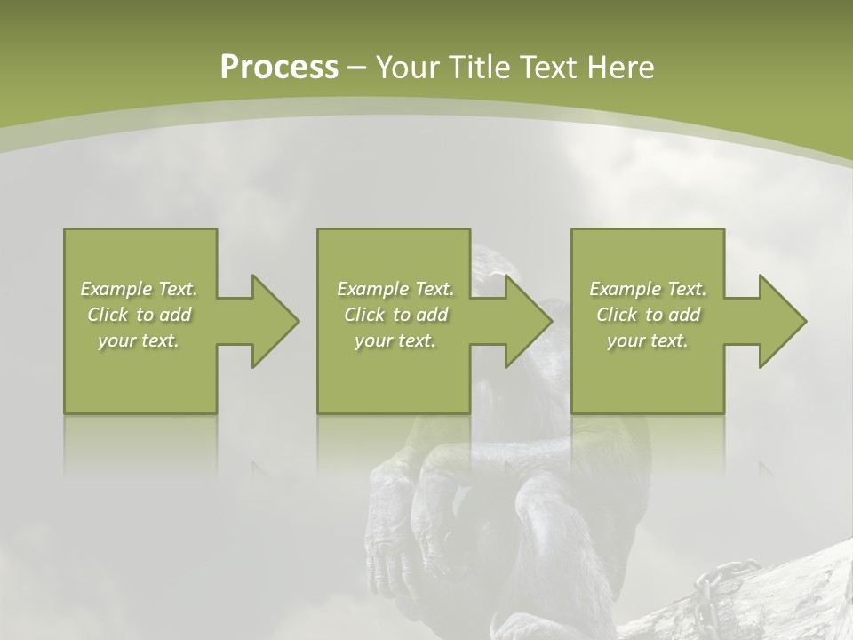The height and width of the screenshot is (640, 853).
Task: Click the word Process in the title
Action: coord(279,68)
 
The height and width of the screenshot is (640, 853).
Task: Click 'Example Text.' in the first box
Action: coord(140,289)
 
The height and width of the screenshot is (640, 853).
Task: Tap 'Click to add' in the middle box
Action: coord(395,315)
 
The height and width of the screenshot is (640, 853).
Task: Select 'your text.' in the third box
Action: coord(648,340)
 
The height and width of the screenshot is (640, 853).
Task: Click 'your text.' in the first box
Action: coord(140,340)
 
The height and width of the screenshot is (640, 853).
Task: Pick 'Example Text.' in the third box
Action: coord(648,289)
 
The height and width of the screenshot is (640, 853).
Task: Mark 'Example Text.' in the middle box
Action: coord(395,289)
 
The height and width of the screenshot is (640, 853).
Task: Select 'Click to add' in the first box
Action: coord(140,315)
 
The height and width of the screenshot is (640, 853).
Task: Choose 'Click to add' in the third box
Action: coord(648,315)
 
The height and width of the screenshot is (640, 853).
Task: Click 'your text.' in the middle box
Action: coord(395,340)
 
